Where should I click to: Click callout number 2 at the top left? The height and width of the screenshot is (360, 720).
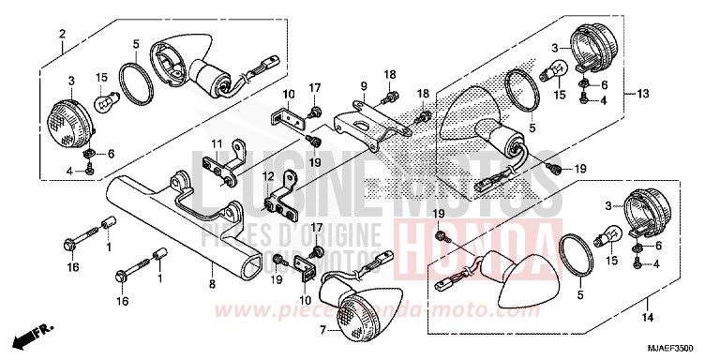(62, 36)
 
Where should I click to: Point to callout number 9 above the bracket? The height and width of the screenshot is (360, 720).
(363, 85)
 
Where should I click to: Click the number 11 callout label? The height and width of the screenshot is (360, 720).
(215, 144)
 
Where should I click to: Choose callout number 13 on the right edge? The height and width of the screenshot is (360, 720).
(642, 95)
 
